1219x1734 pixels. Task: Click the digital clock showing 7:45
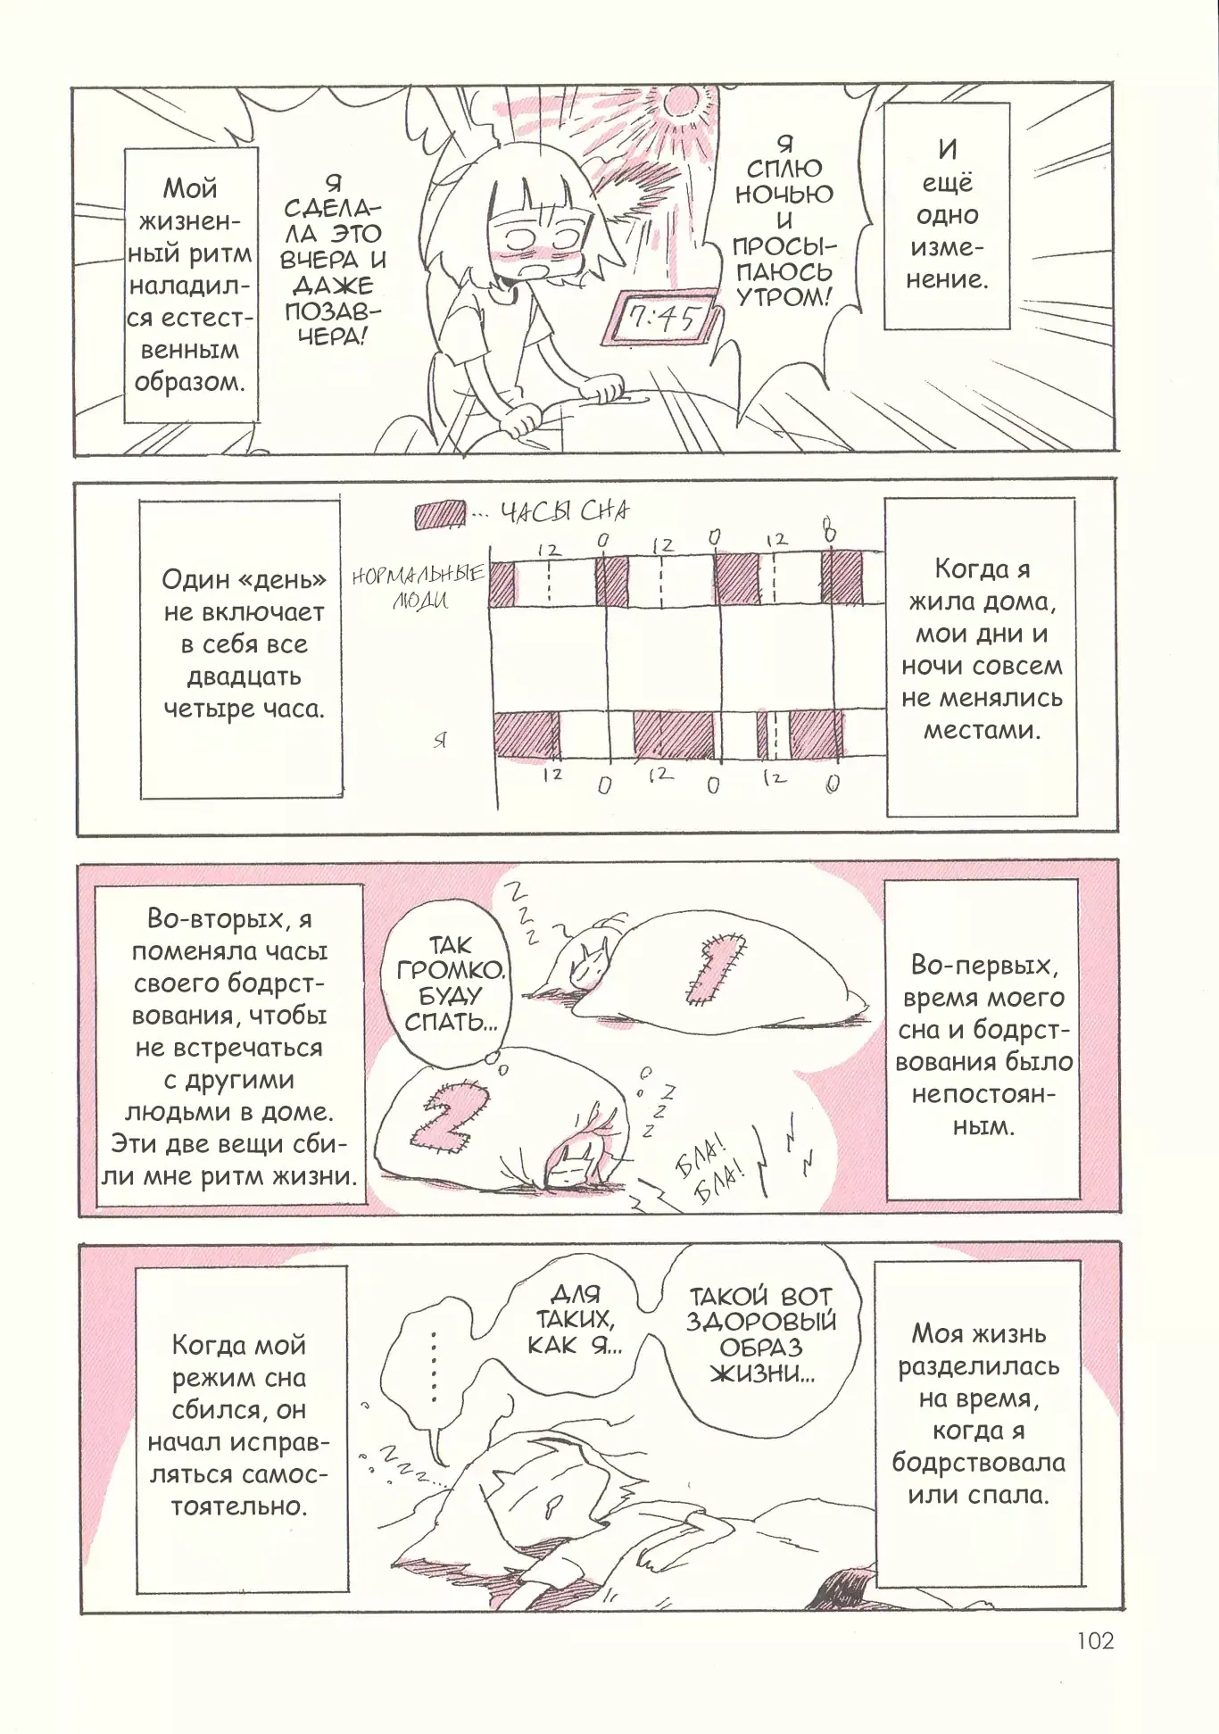660,318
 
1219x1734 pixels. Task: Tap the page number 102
1095,1640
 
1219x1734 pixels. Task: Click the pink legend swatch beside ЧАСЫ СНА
439,515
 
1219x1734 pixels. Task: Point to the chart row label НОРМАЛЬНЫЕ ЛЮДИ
419,585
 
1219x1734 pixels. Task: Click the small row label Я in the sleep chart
439,740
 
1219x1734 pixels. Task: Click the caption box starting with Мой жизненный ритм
190,286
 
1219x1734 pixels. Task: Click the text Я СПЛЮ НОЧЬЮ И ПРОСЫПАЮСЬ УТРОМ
784,220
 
